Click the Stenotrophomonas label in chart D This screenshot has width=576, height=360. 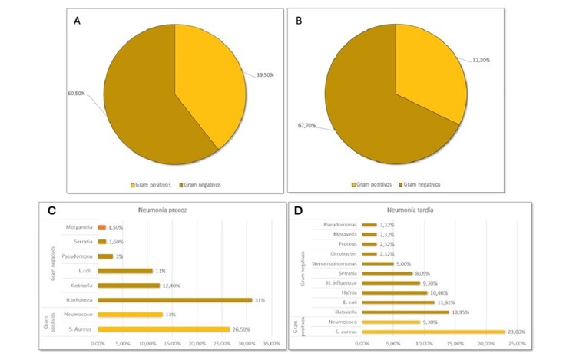[331, 263]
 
